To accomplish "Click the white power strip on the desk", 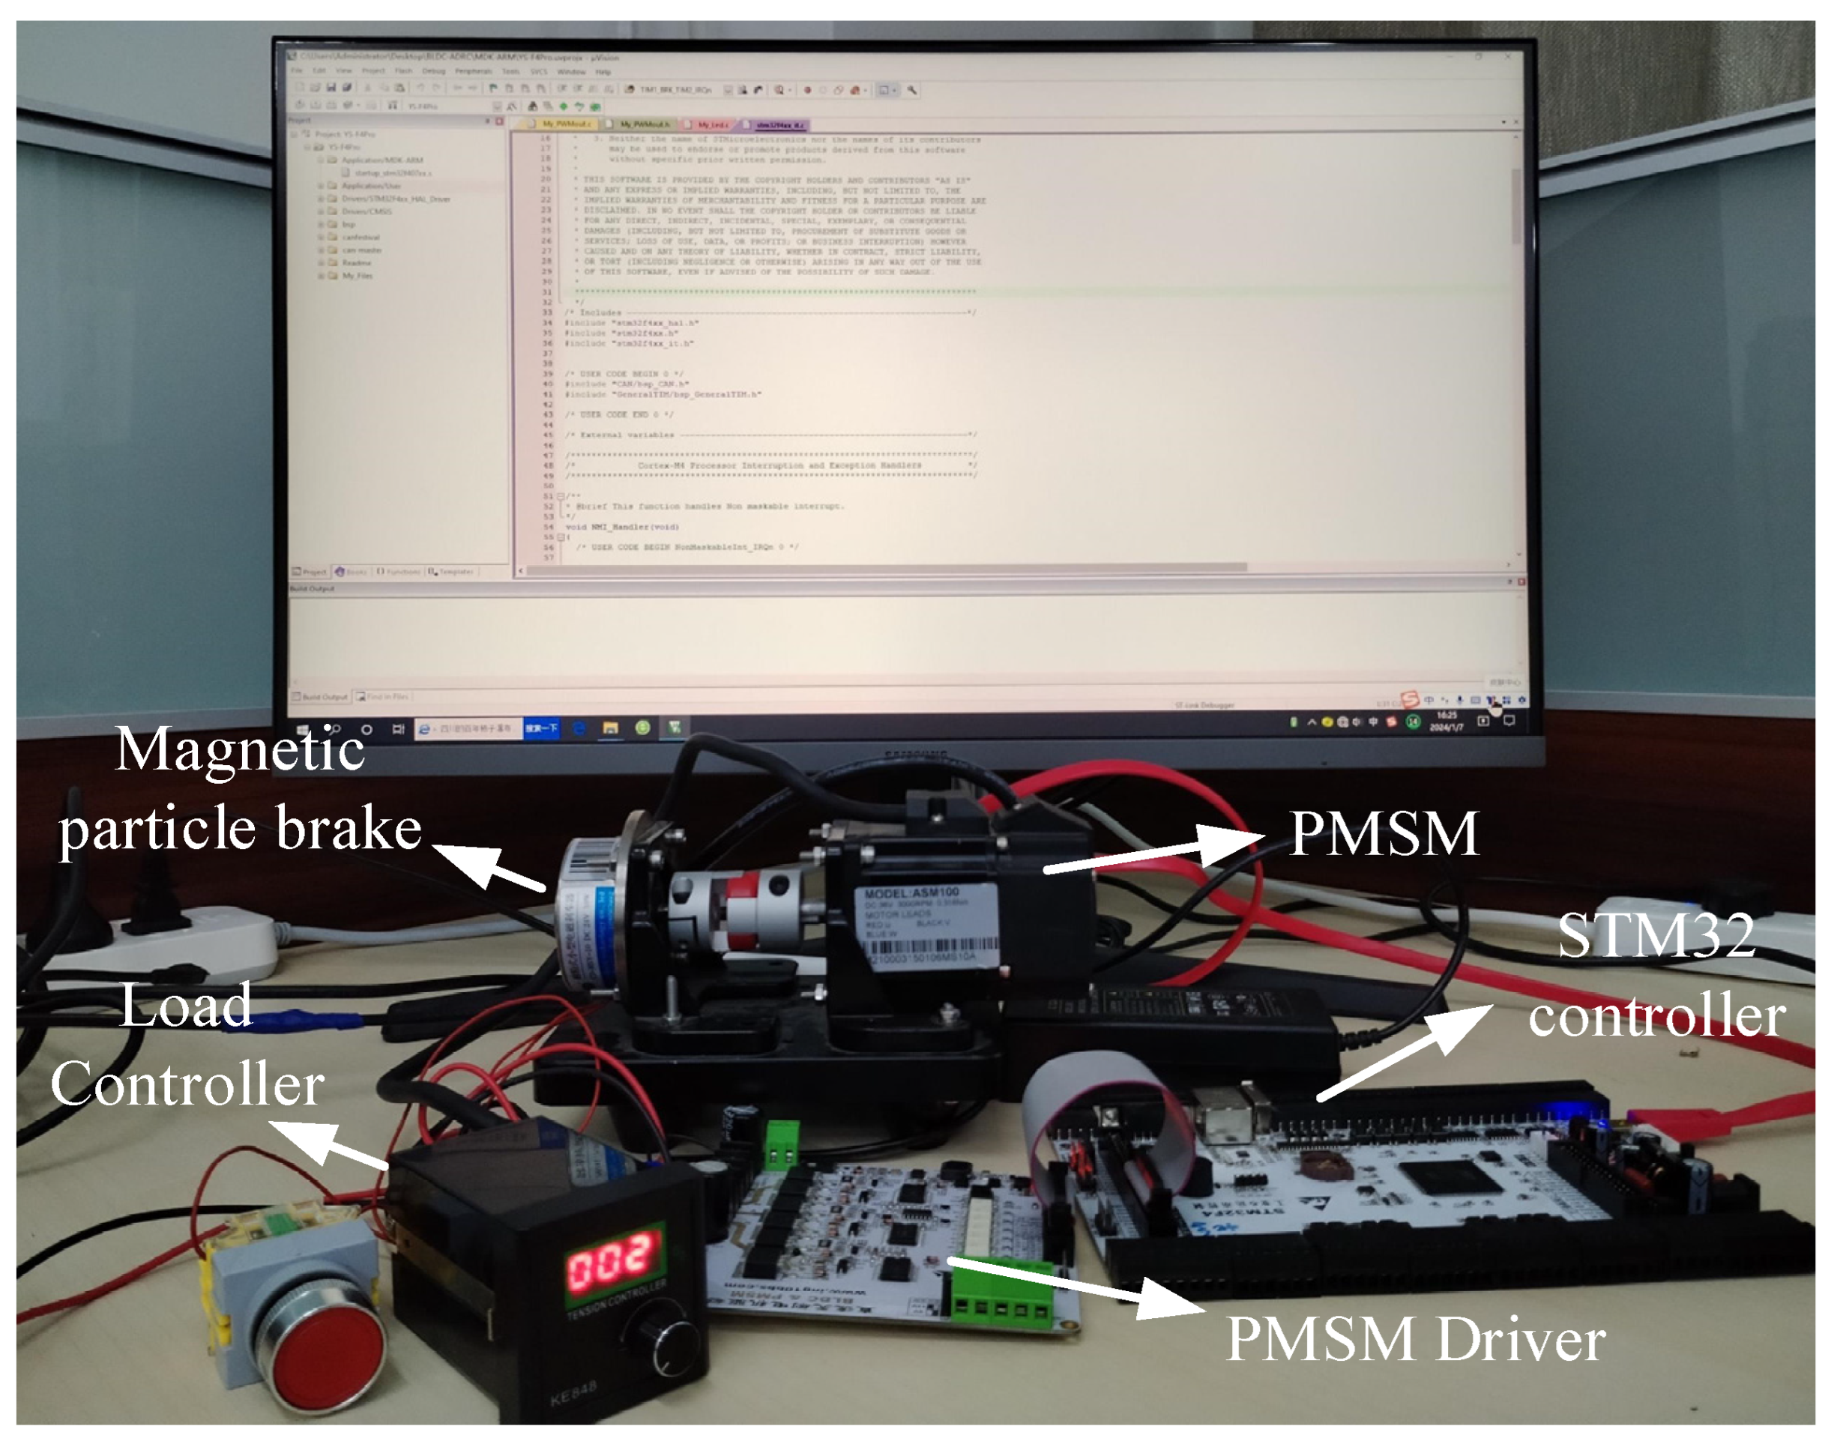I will (x=169, y=940).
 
